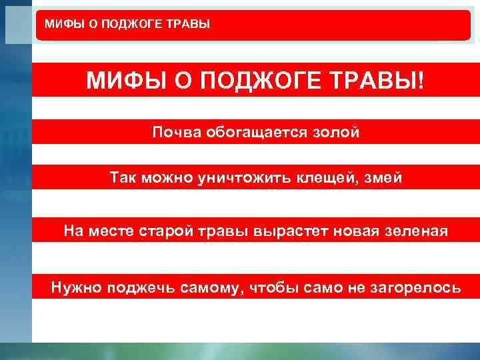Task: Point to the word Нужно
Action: click(75, 287)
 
